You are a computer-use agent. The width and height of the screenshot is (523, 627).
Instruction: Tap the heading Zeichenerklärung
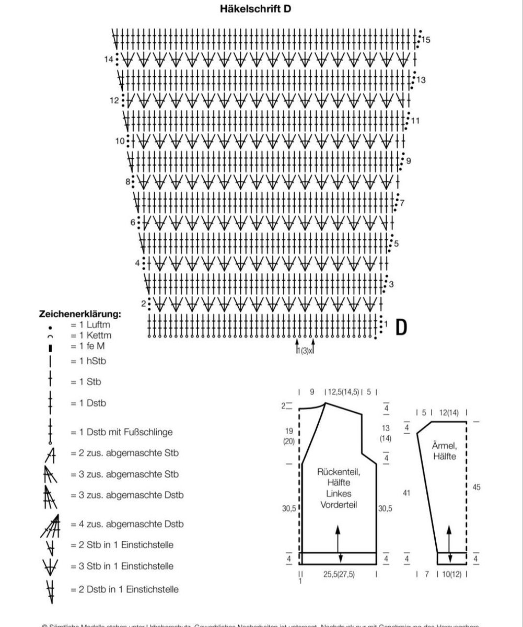click(80, 315)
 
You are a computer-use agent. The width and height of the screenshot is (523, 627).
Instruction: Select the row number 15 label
click(426, 40)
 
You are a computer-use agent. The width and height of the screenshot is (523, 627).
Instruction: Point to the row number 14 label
click(109, 60)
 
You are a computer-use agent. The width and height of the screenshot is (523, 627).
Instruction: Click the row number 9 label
click(408, 161)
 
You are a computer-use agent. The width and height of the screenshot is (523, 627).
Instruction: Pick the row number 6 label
click(133, 223)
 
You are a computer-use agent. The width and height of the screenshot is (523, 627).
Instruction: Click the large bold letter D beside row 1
click(401, 326)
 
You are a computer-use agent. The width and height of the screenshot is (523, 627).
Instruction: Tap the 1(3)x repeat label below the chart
click(305, 351)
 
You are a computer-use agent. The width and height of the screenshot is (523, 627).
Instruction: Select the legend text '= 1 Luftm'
click(90, 325)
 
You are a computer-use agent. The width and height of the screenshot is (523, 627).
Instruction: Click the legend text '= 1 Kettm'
click(91, 335)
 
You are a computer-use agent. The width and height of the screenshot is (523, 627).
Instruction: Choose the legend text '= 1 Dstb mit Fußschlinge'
click(121, 432)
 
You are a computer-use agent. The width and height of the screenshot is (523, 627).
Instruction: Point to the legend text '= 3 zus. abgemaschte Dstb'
click(127, 495)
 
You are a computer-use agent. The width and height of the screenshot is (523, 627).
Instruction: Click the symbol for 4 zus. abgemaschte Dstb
click(51, 525)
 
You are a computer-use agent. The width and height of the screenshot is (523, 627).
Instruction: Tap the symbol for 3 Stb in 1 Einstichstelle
click(50, 566)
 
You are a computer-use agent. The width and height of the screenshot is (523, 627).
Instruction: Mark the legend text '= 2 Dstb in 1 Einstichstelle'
click(124, 589)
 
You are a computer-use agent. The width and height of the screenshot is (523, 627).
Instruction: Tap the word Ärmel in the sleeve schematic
click(444, 446)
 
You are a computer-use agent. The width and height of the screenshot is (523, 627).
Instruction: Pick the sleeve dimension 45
click(476, 487)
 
